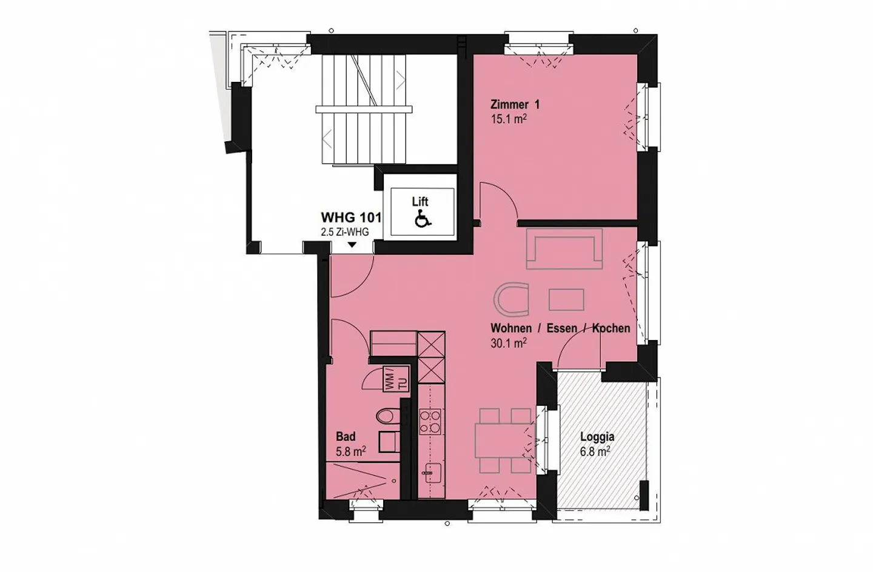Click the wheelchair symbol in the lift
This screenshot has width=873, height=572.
(423, 218)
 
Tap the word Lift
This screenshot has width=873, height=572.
(420, 202)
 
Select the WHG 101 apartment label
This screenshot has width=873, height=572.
(351, 217)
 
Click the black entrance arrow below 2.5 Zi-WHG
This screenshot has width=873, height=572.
(352, 245)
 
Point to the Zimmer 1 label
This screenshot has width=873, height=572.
(515, 104)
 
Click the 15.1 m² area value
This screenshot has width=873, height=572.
(509, 118)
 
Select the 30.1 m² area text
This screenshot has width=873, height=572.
(509, 342)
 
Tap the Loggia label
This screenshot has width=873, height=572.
(597, 437)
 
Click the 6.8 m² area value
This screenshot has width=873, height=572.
(595, 451)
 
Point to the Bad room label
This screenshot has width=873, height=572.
(346, 437)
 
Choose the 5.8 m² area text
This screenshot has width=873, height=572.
(351, 451)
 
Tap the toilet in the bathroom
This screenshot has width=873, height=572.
(389, 416)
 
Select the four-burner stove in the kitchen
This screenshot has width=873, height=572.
(430, 422)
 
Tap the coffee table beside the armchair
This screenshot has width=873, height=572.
(566, 299)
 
